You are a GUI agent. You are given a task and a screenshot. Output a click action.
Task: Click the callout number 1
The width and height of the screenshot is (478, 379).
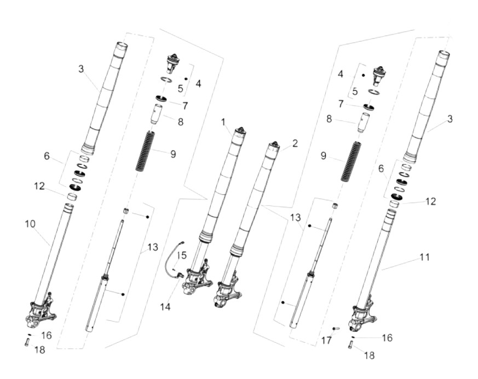click(223, 123)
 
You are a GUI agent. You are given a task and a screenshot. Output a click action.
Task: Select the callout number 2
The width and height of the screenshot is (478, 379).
click(295, 143)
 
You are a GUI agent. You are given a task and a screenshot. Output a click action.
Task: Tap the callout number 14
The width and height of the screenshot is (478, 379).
click(165, 307)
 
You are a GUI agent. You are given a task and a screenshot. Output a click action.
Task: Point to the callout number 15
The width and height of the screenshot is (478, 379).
click(182, 255)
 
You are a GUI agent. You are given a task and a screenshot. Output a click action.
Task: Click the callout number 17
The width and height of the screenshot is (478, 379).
click(326, 340)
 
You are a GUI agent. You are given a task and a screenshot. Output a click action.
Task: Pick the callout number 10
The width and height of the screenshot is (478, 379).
click(30, 224)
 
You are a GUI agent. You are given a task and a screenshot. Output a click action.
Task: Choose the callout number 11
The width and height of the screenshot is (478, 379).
click(425, 257)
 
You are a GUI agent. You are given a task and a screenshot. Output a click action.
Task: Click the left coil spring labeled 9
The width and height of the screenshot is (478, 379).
click(145, 151)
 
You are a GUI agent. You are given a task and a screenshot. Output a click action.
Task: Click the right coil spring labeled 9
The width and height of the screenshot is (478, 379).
click(350, 162)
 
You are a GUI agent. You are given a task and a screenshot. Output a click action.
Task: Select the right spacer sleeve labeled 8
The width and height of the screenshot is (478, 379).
click(364, 123)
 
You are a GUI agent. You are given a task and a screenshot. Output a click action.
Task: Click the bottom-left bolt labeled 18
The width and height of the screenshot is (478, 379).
click(26, 342)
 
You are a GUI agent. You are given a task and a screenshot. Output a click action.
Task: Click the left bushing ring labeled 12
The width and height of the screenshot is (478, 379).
click(72, 197)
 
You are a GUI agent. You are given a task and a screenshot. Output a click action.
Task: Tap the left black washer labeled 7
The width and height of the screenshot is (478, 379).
click(162, 99)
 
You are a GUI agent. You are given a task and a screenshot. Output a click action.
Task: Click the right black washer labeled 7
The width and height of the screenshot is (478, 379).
click(368, 107)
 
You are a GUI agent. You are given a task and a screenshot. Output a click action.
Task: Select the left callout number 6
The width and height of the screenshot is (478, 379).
click(47, 156)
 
